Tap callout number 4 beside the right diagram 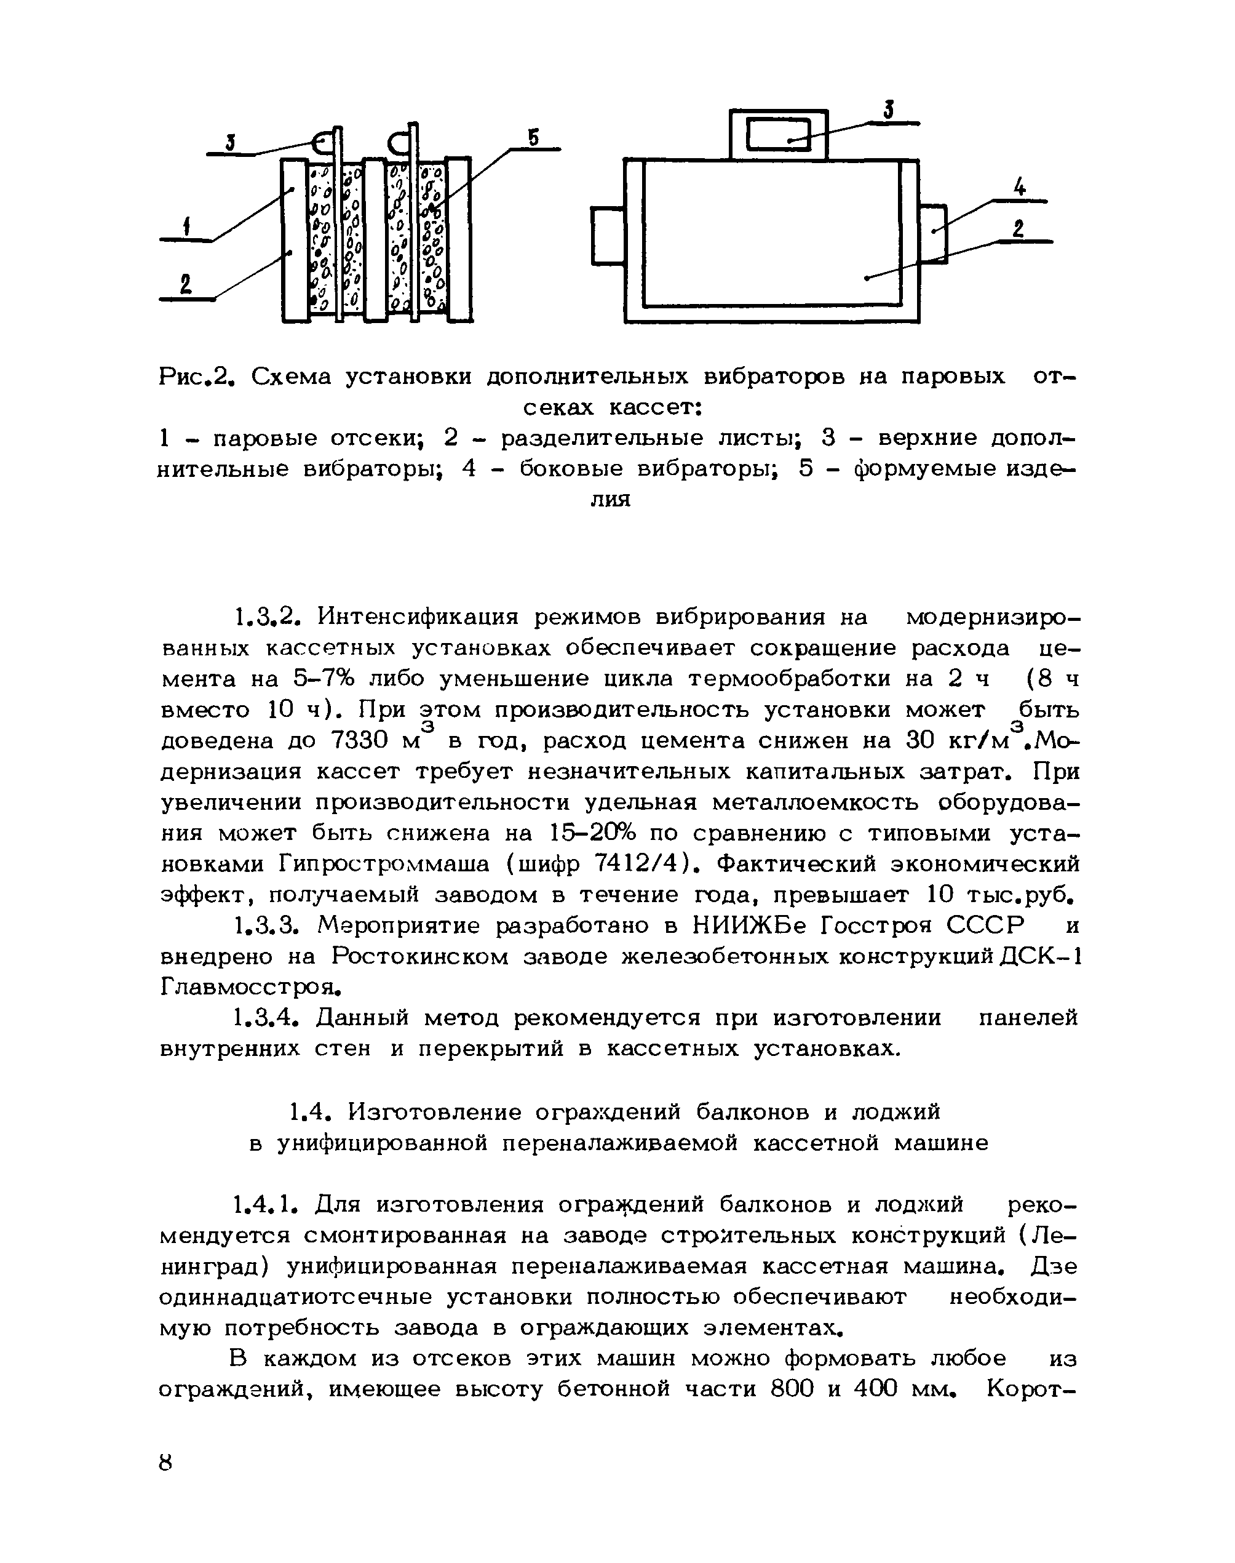pos(1020,188)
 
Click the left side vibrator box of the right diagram pos(608,236)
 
